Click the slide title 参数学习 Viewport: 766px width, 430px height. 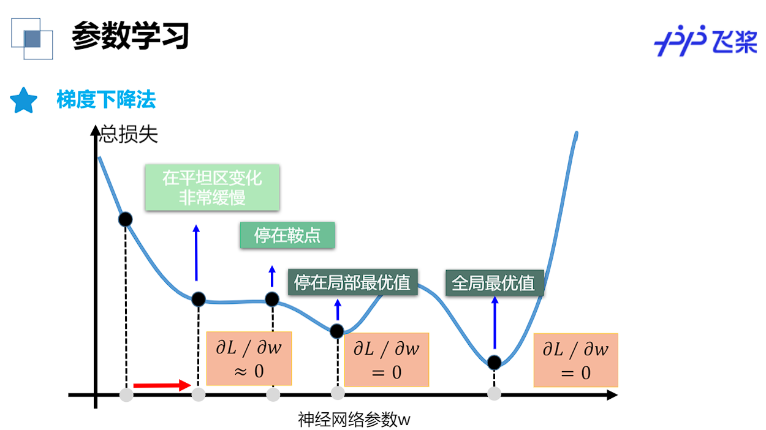pyautogui.click(x=130, y=37)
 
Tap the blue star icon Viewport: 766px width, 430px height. pyautogui.click(x=24, y=100)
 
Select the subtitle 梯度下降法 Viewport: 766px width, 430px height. pyautogui.click(x=106, y=100)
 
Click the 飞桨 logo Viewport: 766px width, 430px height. pyautogui.click(x=705, y=41)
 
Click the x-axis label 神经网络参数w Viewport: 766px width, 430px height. pyautogui.click(x=354, y=420)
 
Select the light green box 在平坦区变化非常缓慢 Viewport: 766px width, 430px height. pyautogui.click(x=212, y=187)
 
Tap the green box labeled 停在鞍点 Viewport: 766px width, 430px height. pyautogui.click(x=287, y=235)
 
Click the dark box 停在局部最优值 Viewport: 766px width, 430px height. pyautogui.click(x=352, y=282)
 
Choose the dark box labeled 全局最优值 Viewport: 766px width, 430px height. pyautogui.click(x=493, y=283)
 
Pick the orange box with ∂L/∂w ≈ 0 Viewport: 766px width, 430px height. pyautogui.click(x=249, y=359)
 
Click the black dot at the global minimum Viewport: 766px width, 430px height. pyautogui.click(x=494, y=362)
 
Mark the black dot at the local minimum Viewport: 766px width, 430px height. pyautogui.click(x=337, y=331)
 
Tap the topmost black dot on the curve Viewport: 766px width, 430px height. pyautogui.click(x=125, y=219)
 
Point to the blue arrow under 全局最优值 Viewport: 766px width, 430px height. pyautogui.click(x=495, y=322)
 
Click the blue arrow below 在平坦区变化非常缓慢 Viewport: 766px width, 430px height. pyautogui.click(x=196, y=252)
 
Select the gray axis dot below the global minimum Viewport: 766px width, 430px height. pyautogui.click(x=494, y=394)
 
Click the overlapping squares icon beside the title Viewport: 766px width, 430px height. pyautogui.click(x=32, y=39)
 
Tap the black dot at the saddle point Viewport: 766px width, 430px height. pyautogui.click(x=272, y=300)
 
